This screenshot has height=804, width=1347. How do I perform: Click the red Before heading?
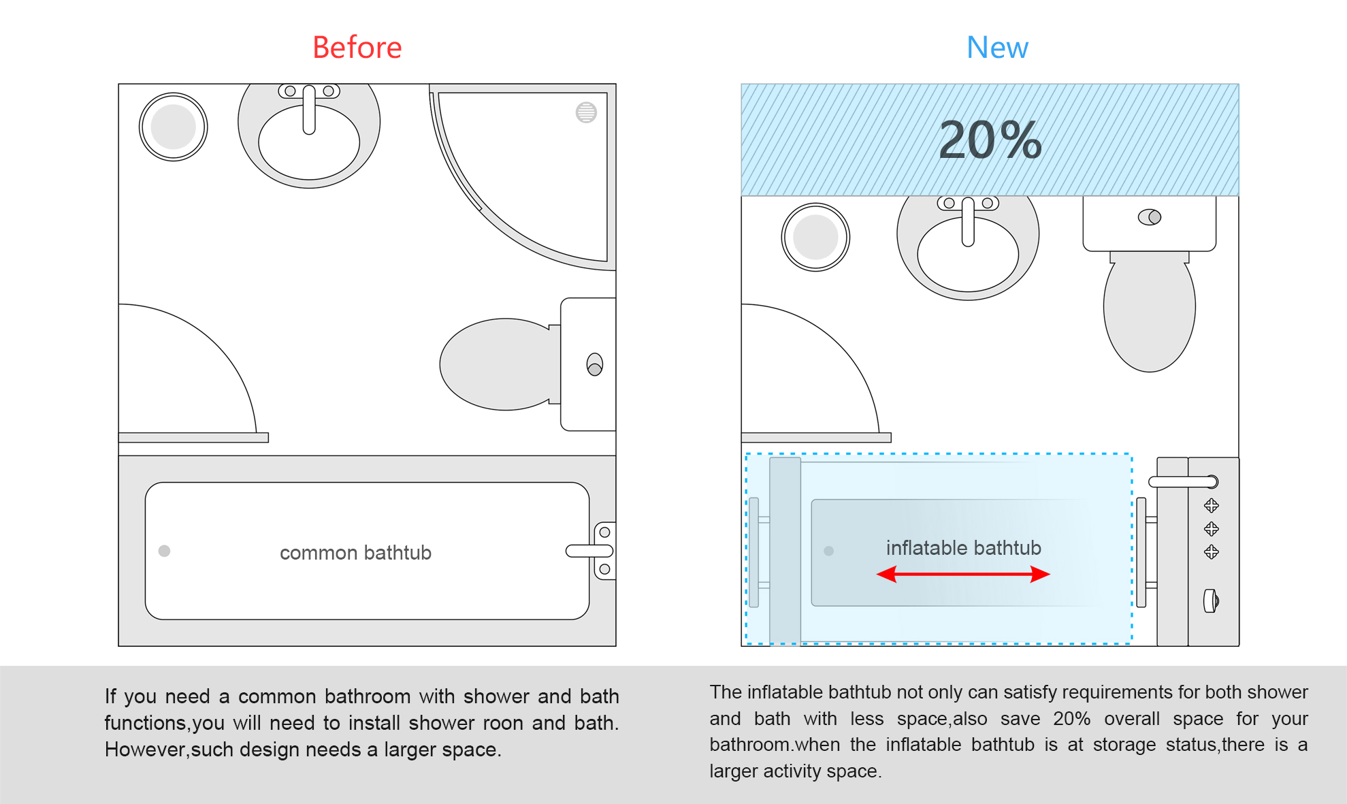click(357, 48)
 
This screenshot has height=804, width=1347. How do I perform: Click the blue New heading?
click(997, 48)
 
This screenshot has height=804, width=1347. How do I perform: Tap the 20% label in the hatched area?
click(990, 140)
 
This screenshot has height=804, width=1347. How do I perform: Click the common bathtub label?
click(355, 553)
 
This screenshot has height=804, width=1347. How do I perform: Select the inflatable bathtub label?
click(963, 548)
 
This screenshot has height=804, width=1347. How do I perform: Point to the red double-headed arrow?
click(963, 575)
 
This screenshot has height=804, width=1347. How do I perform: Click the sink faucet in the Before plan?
click(309, 109)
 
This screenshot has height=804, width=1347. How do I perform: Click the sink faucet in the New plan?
click(968, 221)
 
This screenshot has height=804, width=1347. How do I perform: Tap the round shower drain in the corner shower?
click(586, 112)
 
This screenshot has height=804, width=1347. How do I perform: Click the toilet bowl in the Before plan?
click(497, 364)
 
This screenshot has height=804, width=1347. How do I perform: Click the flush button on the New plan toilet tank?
click(1150, 217)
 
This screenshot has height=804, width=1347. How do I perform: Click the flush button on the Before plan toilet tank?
click(595, 365)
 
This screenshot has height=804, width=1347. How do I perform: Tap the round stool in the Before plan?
click(174, 127)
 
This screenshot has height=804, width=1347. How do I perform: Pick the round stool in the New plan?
click(815, 238)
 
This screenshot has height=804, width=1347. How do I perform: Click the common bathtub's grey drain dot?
click(164, 551)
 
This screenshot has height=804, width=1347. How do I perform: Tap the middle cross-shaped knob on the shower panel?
click(1211, 529)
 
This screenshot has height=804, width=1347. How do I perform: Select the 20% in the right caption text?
click(1071, 719)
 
